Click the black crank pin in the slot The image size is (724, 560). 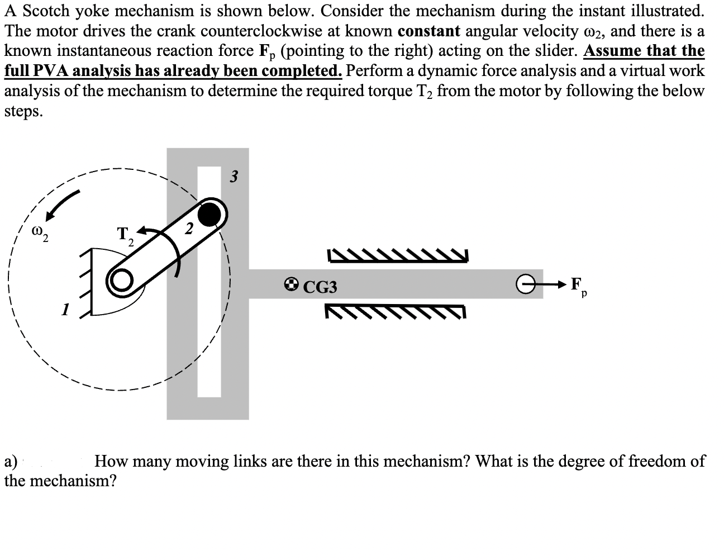[x=209, y=213]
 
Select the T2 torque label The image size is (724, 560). [x=125, y=235]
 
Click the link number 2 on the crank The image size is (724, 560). [x=189, y=228]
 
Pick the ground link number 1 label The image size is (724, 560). [x=65, y=308]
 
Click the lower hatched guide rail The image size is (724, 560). [x=394, y=312]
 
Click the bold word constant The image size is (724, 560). [x=430, y=31]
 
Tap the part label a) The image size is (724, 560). [x=11, y=462]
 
